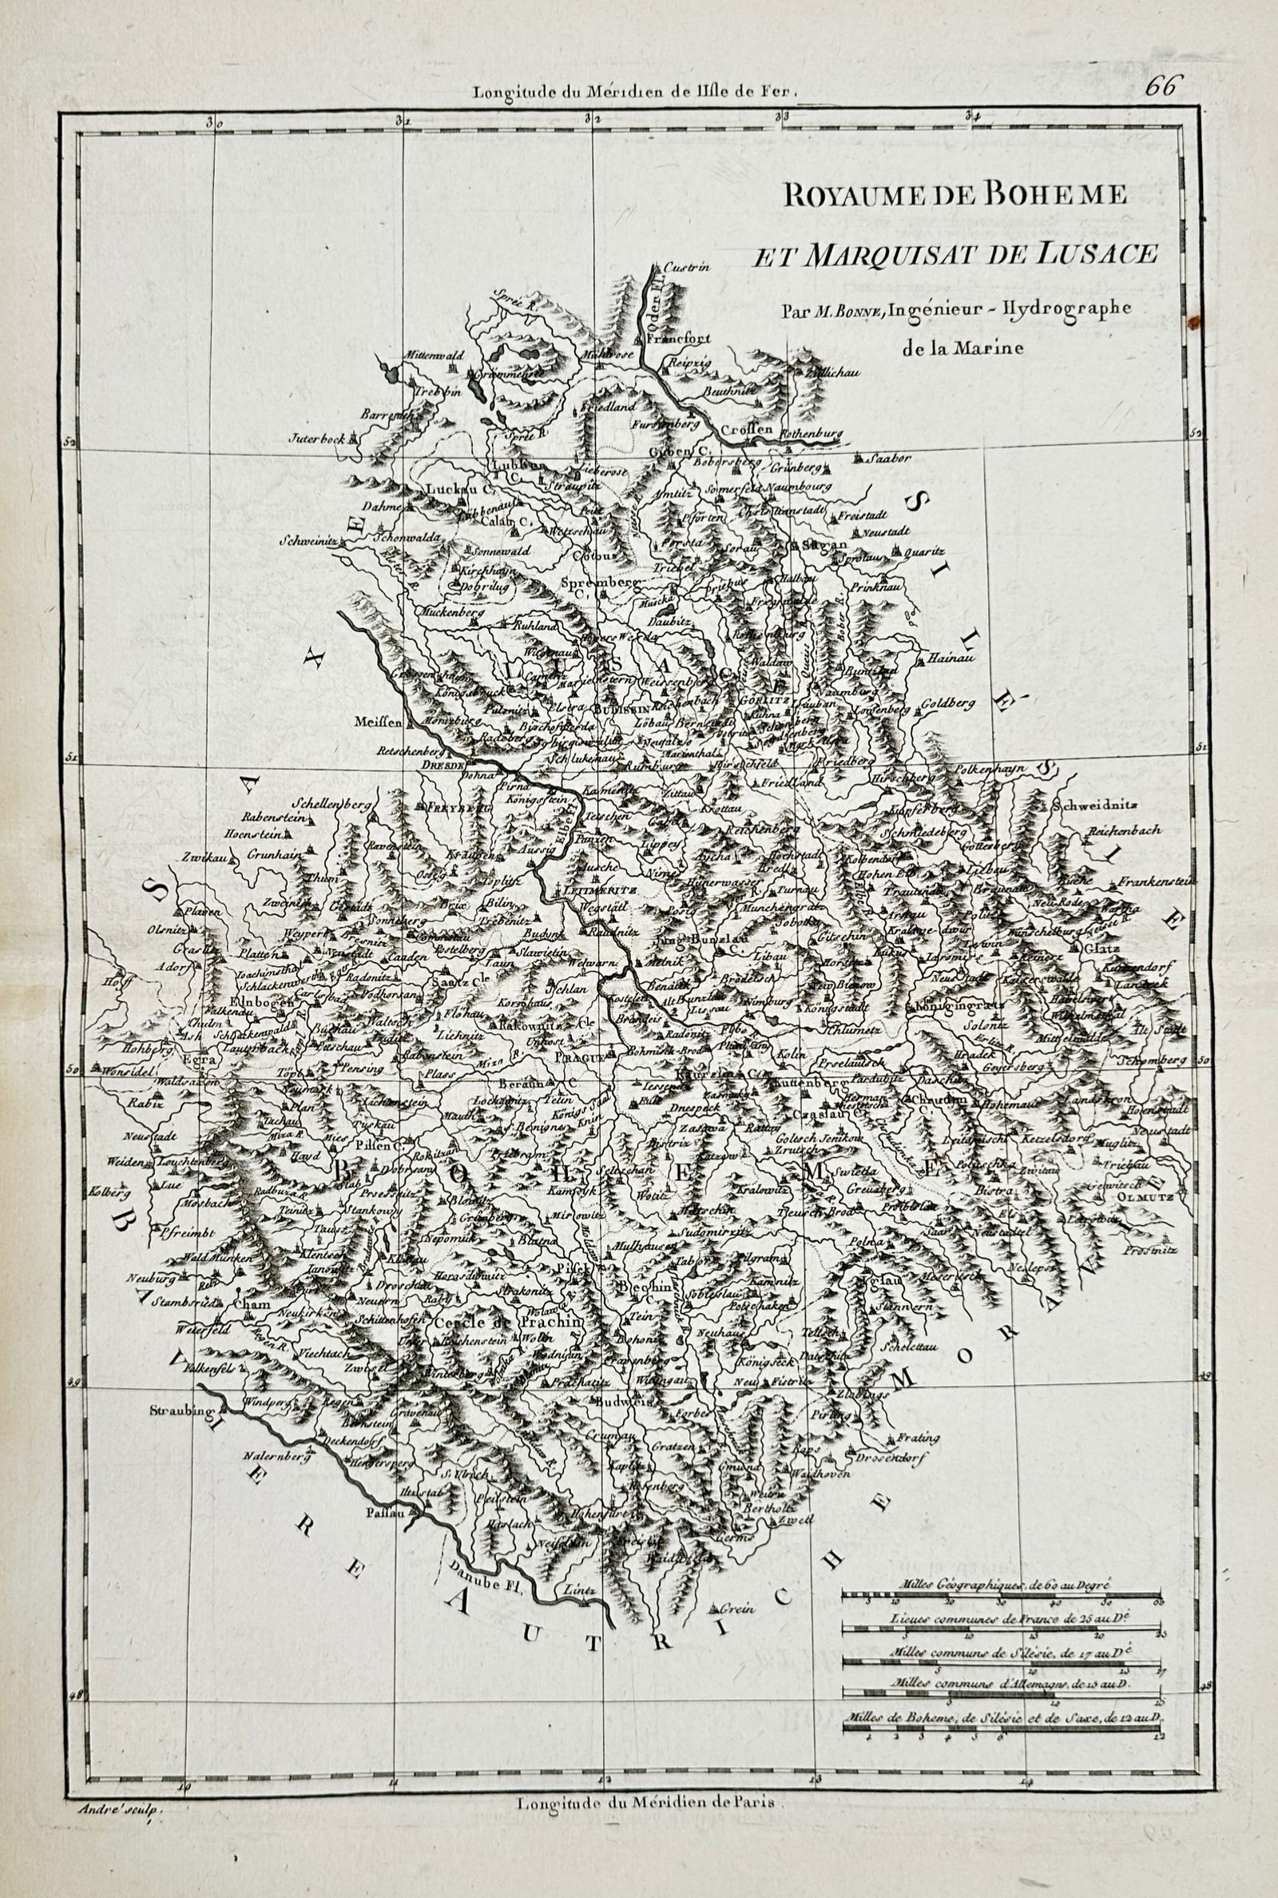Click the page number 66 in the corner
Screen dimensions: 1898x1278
point(1161,87)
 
